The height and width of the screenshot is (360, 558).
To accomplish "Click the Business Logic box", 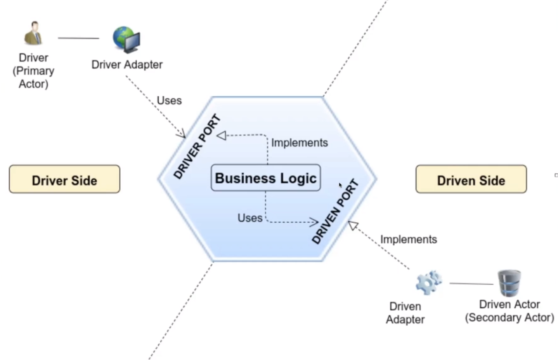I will point(265,178).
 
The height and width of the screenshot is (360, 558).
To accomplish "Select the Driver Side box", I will point(64,179).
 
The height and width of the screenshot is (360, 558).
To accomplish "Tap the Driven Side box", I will point(471,179).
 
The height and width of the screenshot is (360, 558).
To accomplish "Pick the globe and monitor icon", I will point(127,39).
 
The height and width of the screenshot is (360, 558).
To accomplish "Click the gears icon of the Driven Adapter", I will point(428,282).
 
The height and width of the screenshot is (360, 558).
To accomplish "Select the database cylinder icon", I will point(509,283).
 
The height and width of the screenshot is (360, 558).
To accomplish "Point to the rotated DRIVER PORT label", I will point(197,147).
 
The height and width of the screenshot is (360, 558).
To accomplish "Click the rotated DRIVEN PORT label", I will point(335,212).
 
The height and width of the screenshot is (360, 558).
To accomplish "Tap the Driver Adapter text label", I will point(127,64).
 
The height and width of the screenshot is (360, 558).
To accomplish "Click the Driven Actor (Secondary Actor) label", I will point(509,311).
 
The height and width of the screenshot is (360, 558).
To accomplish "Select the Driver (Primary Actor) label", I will point(33,71).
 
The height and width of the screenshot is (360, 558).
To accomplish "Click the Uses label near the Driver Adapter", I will point(169,101).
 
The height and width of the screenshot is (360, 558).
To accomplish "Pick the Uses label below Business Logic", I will point(250,218).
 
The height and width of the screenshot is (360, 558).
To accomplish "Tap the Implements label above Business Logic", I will point(299,143).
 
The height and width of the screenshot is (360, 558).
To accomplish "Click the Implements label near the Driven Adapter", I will point(408,239).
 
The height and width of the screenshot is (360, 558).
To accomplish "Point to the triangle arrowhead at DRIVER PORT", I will point(222,136).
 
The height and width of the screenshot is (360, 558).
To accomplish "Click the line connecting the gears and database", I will point(471,283).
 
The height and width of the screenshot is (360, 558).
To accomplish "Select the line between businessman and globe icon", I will point(78,38).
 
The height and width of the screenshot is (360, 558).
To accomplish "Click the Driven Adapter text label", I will point(405,313).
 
